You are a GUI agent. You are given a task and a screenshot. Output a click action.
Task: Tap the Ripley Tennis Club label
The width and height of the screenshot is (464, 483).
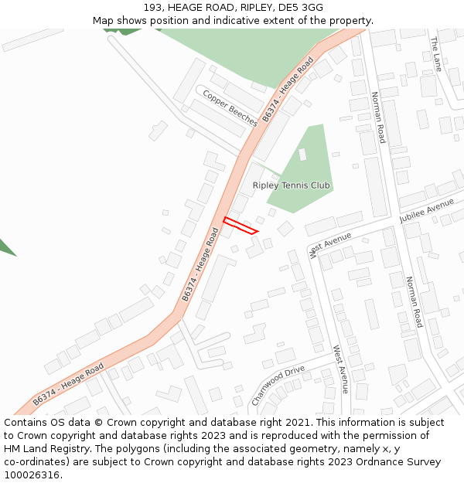[x=291, y=185]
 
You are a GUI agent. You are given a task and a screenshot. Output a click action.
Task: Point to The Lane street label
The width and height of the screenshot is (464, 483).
[x=436, y=54]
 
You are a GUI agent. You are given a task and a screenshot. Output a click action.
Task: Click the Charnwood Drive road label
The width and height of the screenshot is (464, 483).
[x=278, y=386]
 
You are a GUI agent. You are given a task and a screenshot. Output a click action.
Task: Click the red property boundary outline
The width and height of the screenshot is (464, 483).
[x=240, y=226]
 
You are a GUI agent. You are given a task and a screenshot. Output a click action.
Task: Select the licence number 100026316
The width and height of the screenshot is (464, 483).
[x=32, y=475]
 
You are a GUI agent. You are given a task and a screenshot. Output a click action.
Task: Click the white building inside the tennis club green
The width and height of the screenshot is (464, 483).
[x=302, y=154]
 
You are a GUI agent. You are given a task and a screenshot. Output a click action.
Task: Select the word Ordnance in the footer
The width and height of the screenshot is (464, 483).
[x=376, y=462]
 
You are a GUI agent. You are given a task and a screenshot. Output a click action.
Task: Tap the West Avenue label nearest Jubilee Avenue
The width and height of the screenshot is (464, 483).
[x=329, y=243]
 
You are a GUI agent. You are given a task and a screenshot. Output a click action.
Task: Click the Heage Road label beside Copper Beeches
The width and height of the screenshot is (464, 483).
[x=288, y=89]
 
